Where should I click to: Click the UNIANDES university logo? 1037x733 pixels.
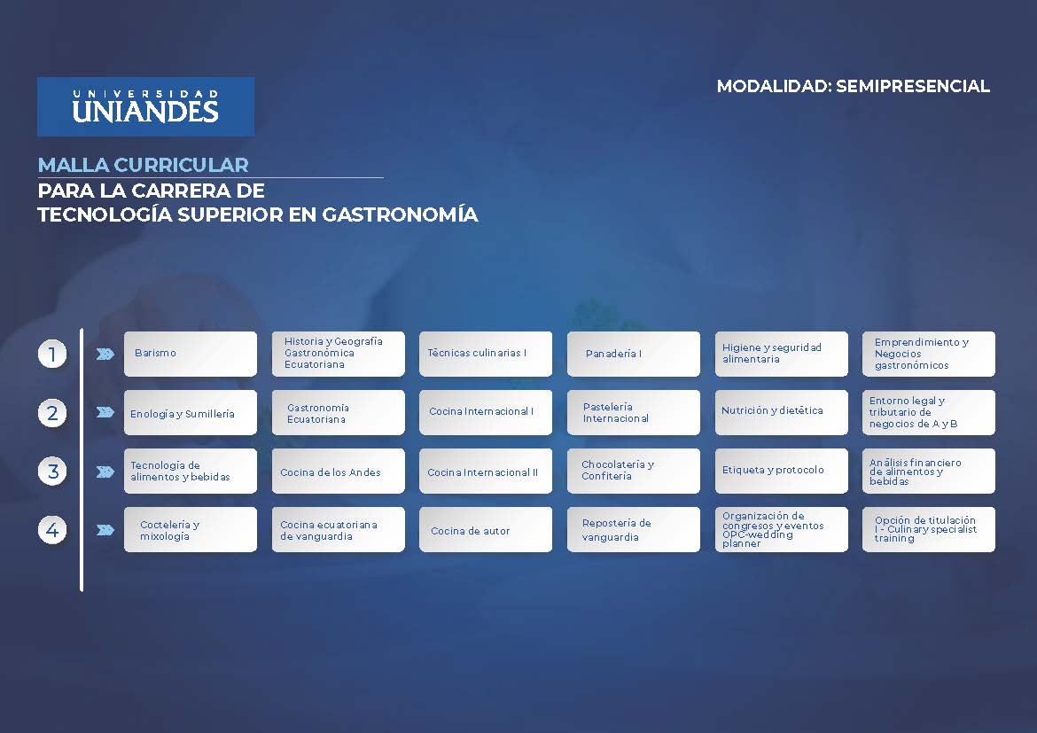point(145,106)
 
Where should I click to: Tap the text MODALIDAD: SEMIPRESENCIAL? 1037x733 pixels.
point(853,86)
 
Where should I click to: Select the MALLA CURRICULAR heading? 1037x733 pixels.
point(143,165)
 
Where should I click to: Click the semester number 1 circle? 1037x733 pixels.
point(52,355)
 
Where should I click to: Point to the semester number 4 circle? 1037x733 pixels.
point(52,530)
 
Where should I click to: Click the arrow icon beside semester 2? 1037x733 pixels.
point(105,412)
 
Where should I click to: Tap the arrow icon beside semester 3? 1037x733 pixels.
point(105,472)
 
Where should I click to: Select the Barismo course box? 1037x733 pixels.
point(190,354)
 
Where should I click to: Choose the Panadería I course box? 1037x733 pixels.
point(633,354)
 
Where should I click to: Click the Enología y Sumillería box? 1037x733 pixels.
point(190,413)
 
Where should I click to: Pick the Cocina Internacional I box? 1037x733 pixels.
point(485,412)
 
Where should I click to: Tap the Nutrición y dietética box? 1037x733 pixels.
point(781,412)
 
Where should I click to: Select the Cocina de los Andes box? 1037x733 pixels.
point(338,472)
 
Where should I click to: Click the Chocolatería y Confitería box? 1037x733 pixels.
point(633,471)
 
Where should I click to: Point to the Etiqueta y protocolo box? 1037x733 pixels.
point(781,471)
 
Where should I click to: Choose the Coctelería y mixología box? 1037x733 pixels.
point(190,530)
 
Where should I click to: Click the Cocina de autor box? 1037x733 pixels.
point(485,530)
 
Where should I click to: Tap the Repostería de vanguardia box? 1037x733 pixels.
point(633,530)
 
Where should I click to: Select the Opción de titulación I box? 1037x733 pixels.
point(928,530)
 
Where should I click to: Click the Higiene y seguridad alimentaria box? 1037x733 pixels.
point(781,354)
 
